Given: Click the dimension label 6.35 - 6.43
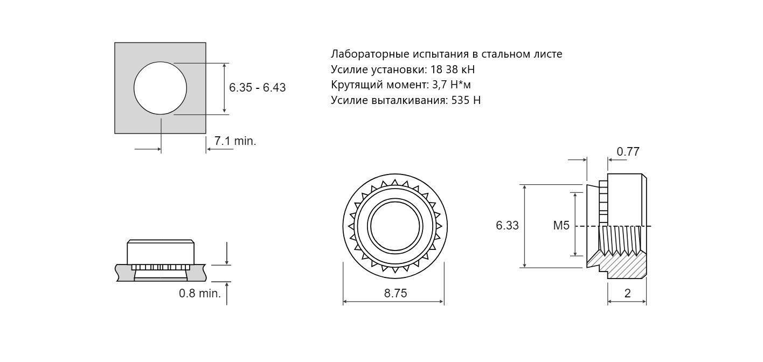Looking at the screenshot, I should [257, 88].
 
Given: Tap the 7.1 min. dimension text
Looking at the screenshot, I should [235, 141].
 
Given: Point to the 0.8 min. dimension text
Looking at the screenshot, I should [200, 294].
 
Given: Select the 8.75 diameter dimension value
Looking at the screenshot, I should [396, 294].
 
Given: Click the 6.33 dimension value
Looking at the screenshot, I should [507, 226].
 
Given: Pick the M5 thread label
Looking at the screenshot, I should [561, 226].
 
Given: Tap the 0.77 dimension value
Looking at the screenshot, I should [628, 152].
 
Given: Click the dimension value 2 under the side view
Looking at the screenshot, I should [627, 294].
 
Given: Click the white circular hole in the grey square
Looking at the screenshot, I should [160, 88].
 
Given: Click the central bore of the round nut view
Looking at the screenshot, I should [395, 226].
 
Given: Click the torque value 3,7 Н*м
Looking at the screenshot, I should [452, 85].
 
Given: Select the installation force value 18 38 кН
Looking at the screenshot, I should [453, 69].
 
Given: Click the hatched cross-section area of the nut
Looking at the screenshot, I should [625, 267].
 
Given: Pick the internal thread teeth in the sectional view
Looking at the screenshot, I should [620, 240].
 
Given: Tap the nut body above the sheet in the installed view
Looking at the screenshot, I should [161, 253].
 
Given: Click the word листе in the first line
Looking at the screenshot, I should [548, 54].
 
